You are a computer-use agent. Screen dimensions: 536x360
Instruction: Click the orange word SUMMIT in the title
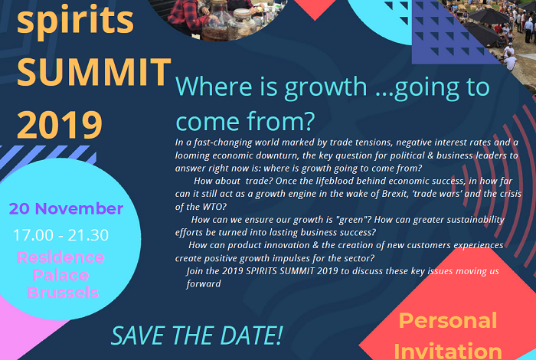click(x=94, y=72)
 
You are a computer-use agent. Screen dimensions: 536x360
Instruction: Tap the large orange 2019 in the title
click(x=60, y=125)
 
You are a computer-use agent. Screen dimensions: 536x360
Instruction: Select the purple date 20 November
click(x=66, y=208)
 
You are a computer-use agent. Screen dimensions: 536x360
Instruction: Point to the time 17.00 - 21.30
click(x=60, y=235)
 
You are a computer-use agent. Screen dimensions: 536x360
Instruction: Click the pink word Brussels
click(x=64, y=293)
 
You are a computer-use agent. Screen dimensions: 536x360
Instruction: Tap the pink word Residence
click(x=60, y=257)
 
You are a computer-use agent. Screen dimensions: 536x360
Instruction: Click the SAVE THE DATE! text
click(x=198, y=335)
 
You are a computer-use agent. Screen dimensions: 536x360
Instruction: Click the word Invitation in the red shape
click(x=448, y=351)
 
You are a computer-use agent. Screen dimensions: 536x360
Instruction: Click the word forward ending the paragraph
click(x=204, y=283)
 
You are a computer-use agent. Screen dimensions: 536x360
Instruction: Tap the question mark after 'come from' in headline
click(x=309, y=122)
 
